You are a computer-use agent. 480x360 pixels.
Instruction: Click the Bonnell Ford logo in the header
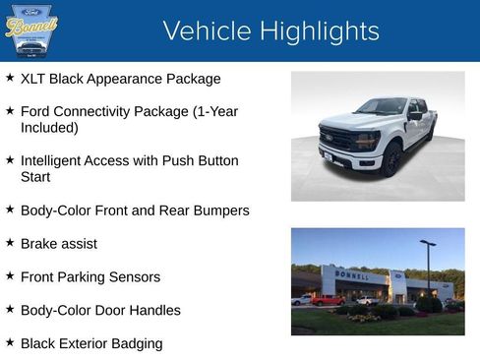click(x=31, y=30)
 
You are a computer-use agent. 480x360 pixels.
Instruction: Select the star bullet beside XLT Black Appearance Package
click(x=10, y=78)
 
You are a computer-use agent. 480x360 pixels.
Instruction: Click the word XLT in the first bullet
click(x=35, y=79)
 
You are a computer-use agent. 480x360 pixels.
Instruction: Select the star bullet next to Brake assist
click(x=10, y=243)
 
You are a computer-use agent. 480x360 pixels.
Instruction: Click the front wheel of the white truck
click(x=391, y=158)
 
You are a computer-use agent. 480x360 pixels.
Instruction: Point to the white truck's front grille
click(x=334, y=139)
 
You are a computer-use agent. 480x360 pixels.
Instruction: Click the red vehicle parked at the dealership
click(x=326, y=300)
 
